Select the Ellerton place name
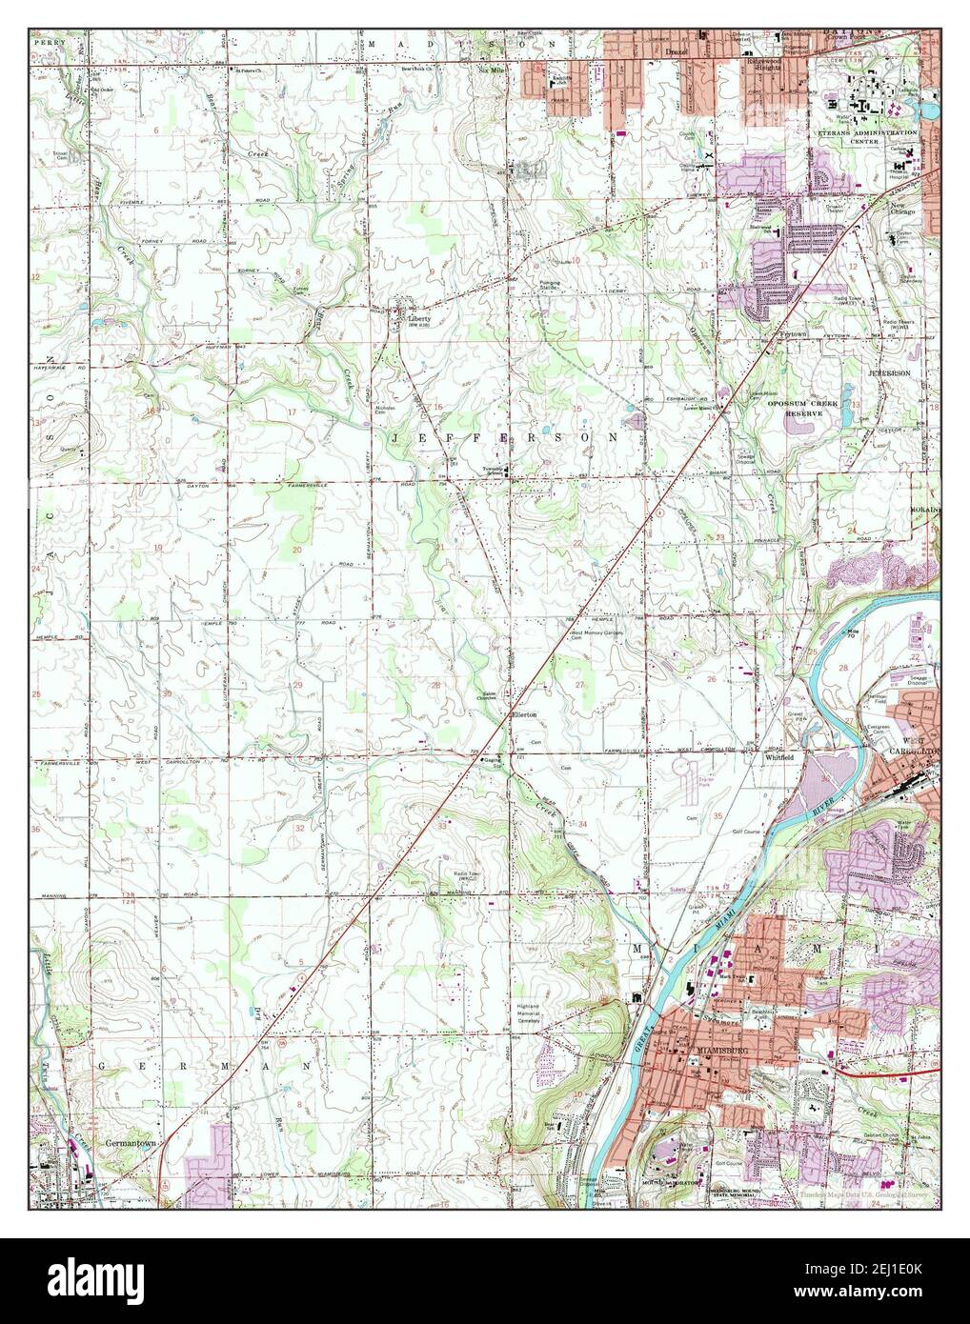point(524,714)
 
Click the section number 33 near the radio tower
point(442,826)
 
